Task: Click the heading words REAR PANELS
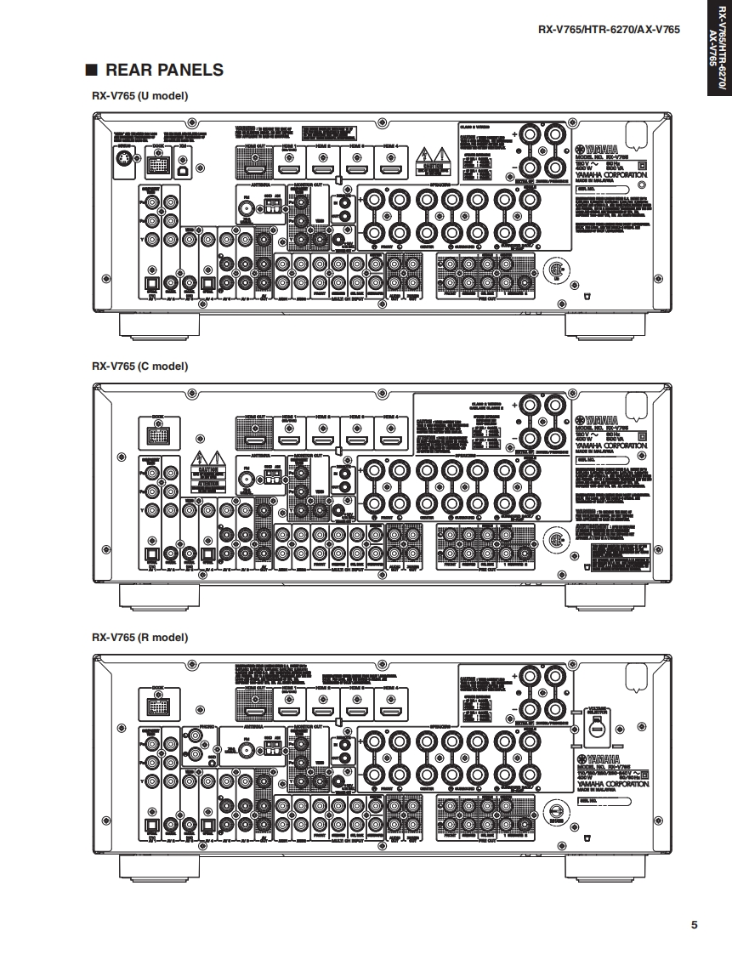(x=164, y=71)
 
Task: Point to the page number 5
(x=694, y=925)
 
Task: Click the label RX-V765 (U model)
(x=139, y=95)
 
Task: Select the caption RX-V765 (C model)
(x=139, y=366)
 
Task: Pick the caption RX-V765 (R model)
(x=139, y=637)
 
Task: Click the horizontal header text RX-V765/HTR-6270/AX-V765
(x=609, y=30)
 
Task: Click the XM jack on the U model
(x=184, y=166)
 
